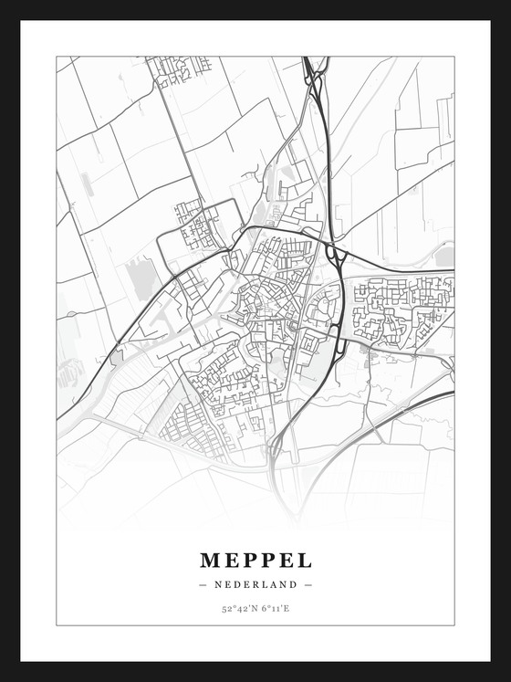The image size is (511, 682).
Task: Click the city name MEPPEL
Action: (x=255, y=560)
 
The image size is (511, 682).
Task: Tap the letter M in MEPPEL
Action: (x=210, y=560)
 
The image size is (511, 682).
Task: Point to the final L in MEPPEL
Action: (x=305, y=560)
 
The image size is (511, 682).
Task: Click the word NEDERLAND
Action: (x=255, y=584)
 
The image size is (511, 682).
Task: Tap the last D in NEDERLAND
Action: (x=293, y=584)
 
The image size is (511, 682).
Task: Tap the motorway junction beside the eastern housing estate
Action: (x=335, y=253)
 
